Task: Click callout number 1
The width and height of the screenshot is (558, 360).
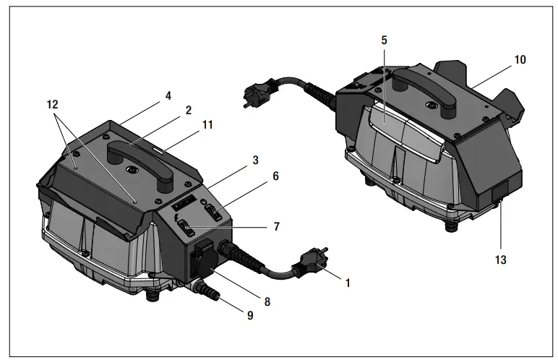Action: (347, 283)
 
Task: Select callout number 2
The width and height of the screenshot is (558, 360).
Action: (188, 111)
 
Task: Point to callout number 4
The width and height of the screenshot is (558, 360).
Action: (168, 95)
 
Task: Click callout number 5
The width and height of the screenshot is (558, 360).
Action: (385, 40)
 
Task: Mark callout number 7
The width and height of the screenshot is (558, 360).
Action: (275, 227)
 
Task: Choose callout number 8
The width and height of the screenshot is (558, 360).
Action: (267, 301)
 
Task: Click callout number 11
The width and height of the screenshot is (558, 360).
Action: (207, 124)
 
